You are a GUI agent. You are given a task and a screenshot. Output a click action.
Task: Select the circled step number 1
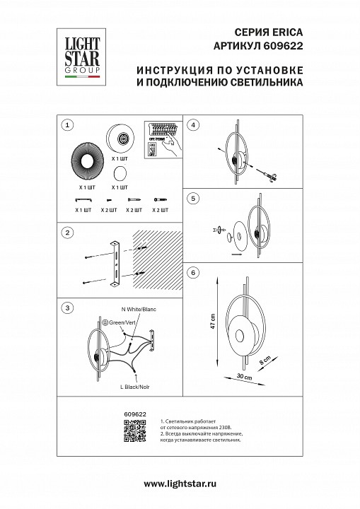pos(68,125)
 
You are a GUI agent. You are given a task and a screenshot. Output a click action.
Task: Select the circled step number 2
pos(68,233)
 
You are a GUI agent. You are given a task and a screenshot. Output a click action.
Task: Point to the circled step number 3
pos(68,308)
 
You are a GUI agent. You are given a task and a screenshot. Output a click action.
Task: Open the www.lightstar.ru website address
pos(180,483)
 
